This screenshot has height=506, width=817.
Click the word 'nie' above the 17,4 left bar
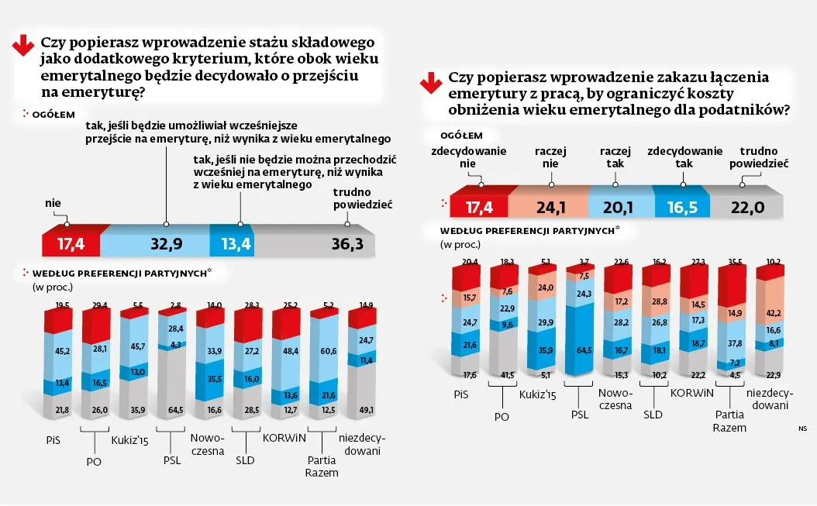53,203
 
